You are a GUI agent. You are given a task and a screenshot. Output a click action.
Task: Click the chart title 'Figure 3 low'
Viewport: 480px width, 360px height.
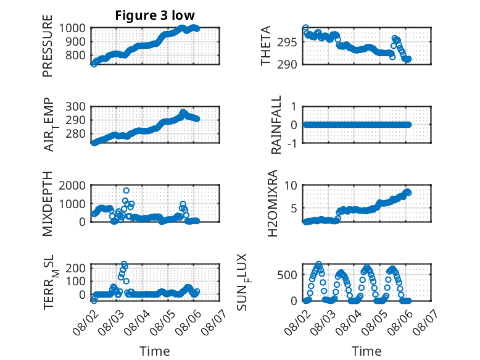click(x=155, y=15)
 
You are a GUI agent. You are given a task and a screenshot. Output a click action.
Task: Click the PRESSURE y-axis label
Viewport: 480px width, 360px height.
click(x=48, y=46)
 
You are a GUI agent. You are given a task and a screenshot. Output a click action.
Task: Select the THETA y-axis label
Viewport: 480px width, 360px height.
click(x=266, y=46)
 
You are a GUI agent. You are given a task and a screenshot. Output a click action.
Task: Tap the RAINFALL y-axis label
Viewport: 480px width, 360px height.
click(x=276, y=125)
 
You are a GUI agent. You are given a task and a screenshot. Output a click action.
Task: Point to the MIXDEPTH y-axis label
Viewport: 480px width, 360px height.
click(x=48, y=204)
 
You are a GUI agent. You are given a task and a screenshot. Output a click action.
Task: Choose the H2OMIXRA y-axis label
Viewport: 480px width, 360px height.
click(x=273, y=203)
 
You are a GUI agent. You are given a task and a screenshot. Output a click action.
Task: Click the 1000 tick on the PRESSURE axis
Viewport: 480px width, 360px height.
click(x=72, y=28)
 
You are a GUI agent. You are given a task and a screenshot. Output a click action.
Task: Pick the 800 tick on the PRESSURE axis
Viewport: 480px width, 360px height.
click(x=75, y=56)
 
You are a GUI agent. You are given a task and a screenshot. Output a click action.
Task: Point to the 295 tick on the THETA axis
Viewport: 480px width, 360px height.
click(x=287, y=42)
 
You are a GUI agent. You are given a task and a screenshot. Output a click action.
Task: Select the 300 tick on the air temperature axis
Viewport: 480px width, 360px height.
click(x=75, y=107)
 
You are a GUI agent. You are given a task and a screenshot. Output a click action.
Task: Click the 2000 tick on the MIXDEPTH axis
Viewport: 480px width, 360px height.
click(x=72, y=185)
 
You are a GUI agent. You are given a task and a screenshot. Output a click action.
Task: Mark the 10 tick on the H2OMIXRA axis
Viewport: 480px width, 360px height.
click(x=291, y=185)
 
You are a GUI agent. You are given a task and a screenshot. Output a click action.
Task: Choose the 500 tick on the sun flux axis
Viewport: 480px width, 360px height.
click(x=287, y=275)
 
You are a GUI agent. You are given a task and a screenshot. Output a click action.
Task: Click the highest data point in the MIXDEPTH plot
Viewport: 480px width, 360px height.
click(x=126, y=191)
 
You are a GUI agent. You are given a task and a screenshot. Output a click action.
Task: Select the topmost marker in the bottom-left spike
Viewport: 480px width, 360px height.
click(x=124, y=264)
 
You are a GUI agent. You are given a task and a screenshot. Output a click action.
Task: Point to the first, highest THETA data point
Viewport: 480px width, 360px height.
click(x=305, y=28)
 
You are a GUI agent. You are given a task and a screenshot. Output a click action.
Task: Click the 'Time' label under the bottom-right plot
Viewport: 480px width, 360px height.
click(x=366, y=351)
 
